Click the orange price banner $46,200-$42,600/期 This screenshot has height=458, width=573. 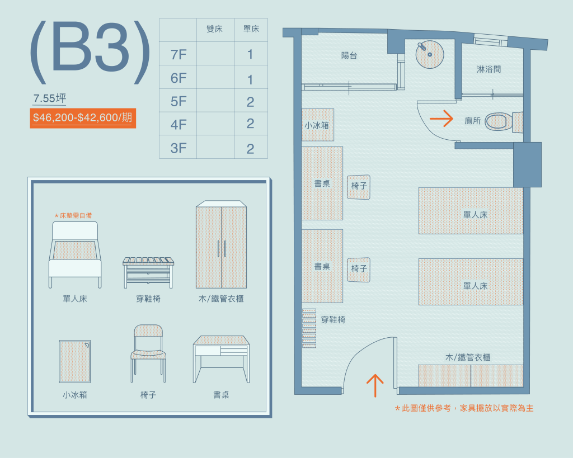[83, 118]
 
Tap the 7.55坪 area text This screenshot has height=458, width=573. [50, 98]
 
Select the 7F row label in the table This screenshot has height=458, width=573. [179, 55]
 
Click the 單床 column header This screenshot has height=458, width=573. [251, 29]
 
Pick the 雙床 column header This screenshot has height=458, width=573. [214, 29]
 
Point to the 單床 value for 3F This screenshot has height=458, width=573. [250, 149]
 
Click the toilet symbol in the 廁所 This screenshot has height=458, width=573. [504, 121]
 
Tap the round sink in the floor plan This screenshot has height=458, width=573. [430, 54]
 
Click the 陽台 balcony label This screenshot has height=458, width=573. [349, 55]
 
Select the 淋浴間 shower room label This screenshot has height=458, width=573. [489, 69]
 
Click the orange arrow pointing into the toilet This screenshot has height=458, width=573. [442, 119]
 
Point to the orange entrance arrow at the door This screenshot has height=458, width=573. [375, 386]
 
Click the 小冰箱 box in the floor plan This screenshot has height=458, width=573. [318, 125]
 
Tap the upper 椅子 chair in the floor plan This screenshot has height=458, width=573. [359, 187]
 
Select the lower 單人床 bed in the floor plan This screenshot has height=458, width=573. [471, 282]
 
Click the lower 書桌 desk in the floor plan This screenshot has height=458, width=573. [322, 266]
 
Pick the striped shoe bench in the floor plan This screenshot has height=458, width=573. [309, 328]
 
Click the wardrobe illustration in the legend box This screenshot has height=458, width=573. [221, 245]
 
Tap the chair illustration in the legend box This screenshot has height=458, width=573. [148, 353]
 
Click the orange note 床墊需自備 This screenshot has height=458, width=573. [73, 215]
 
